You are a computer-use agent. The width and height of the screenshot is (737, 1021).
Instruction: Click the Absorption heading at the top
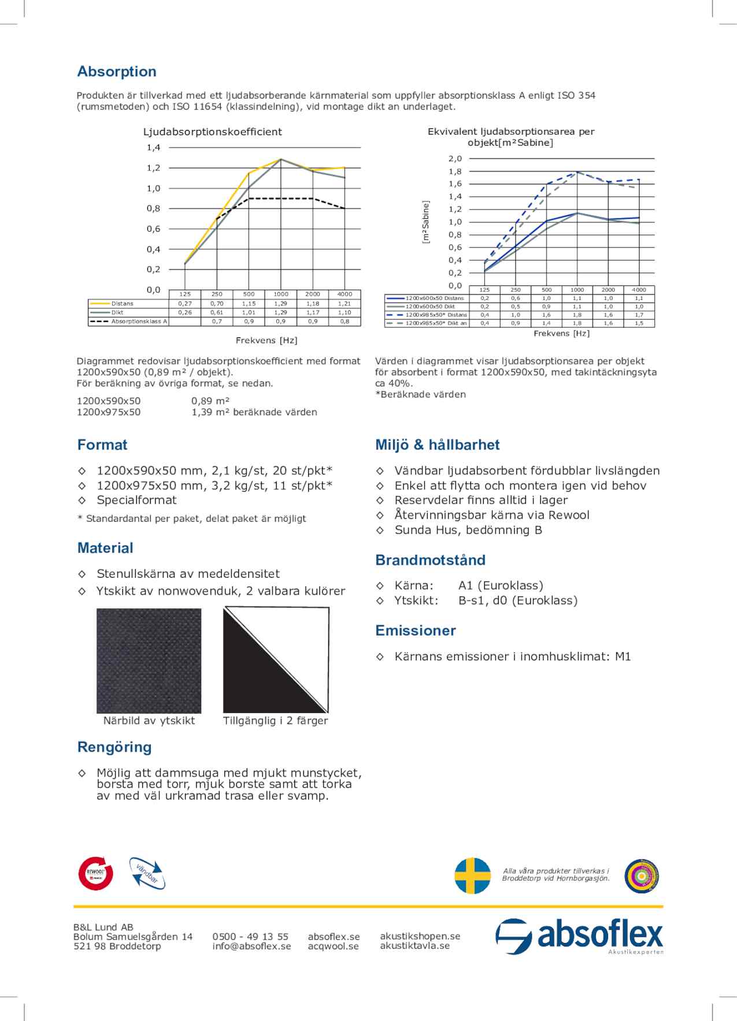pos(117,72)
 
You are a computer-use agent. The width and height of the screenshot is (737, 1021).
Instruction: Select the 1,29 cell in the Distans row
pos(280,303)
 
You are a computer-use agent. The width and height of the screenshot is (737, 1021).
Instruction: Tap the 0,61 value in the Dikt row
pos(217,313)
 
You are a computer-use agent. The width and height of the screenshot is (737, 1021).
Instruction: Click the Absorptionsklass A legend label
pos(139,322)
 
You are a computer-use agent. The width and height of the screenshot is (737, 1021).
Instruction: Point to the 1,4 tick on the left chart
pos(153,148)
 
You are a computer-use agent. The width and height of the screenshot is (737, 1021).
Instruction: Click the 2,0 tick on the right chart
pos(455,159)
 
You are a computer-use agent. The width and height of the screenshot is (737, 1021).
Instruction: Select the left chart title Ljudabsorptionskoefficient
pos(212,132)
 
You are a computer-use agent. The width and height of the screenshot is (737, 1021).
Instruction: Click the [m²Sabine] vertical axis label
pos(426,222)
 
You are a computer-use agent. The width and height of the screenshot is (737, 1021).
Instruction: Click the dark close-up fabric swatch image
pos(149,660)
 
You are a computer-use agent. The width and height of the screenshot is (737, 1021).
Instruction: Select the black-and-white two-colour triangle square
pos(276,660)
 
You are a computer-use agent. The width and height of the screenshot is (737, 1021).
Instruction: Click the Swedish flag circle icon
pos(472,875)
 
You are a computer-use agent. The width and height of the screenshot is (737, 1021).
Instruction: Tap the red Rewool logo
pos(95,873)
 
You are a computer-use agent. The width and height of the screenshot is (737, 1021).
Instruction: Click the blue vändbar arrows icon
pos(147,873)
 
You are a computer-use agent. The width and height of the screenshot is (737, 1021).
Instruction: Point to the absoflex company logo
pos(579,935)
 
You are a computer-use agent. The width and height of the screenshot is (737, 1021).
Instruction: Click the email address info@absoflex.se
pos(251,946)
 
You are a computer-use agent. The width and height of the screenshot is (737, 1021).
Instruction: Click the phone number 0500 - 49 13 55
pos(250,937)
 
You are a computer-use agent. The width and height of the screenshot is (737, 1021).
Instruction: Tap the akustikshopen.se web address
pos(420,936)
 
